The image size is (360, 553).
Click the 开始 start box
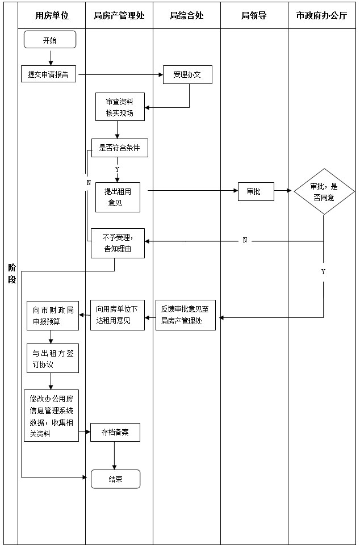pyautogui.click(x=50, y=40)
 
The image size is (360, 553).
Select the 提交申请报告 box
pyautogui.click(x=49, y=74)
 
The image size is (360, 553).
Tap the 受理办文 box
pyautogui.click(x=187, y=74)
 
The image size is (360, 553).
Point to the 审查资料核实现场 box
pyautogui.click(x=120, y=107)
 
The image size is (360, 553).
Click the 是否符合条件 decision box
pyautogui.click(x=120, y=148)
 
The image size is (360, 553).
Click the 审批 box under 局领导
pyautogui.click(x=256, y=192)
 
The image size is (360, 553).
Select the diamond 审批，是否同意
pyautogui.click(x=324, y=191)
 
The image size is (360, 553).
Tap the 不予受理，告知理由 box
pyautogui.click(x=118, y=242)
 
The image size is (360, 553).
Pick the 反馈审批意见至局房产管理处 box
pyautogui.click(x=186, y=315)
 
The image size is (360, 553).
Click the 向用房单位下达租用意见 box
pyautogui.click(x=117, y=315)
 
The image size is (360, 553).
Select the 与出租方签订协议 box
pyautogui.click(x=53, y=358)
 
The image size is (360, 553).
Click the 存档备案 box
pyautogui.click(x=115, y=432)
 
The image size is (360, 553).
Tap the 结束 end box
pyautogui.click(x=115, y=479)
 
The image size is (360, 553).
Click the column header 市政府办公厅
pyautogui.click(x=321, y=16)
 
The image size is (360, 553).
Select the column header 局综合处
pyautogui.click(x=186, y=16)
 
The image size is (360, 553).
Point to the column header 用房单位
pyautogui.click(x=52, y=16)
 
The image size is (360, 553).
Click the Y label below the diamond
pyautogui.click(x=324, y=272)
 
